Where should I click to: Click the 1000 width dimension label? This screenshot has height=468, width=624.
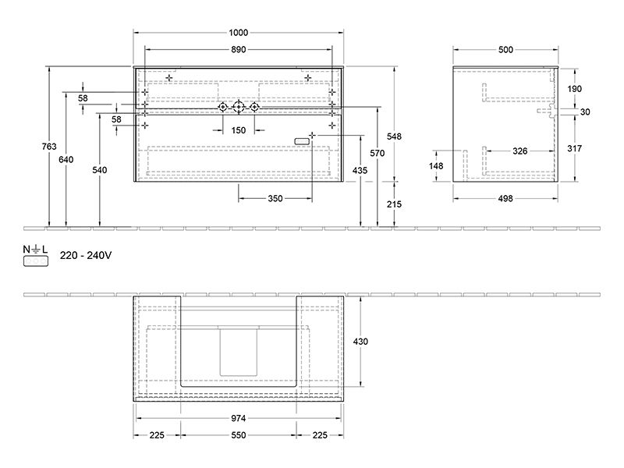click(239, 33)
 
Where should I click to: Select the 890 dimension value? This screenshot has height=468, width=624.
click(239, 50)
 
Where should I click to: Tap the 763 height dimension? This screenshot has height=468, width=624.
click(49, 147)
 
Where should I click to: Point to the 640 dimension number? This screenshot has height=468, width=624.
click(66, 160)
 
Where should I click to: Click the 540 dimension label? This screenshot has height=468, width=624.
click(100, 170)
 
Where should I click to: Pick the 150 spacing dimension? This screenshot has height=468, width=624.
click(239, 130)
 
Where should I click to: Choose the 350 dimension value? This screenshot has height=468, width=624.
click(275, 199)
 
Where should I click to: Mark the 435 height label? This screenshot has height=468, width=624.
click(360, 171)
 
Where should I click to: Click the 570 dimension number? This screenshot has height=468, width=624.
click(378, 153)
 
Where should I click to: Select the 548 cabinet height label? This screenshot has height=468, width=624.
click(395, 136)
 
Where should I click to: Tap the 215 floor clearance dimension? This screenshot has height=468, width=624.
click(395, 204)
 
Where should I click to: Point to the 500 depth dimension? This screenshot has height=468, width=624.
click(505, 50)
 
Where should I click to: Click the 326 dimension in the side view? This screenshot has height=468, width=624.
click(519, 151)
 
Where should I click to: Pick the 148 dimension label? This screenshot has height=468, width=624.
click(436, 166)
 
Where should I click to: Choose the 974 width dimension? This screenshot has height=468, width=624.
click(239, 418)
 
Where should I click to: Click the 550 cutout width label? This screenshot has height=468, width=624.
click(239, 435)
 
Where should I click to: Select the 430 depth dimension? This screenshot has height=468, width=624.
click(360, 342)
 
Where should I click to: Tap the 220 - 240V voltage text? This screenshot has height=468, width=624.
click(86, 256)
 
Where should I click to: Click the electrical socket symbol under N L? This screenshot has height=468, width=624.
click(36, 261)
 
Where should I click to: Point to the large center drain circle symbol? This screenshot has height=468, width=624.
click(239, 107)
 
